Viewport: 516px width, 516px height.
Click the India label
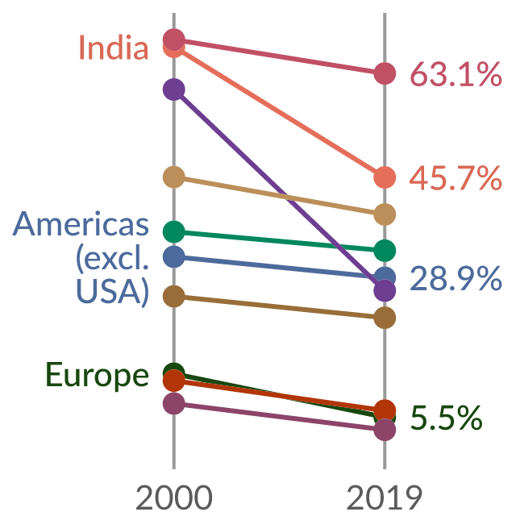click(114, 48)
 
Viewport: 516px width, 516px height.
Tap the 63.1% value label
click(456, 74)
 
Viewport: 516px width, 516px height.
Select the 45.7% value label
click(456, 178)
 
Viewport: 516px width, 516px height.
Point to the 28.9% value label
click(456, 278)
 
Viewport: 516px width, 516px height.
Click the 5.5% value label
click(446, 418)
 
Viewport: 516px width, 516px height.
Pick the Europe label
click(97, 376)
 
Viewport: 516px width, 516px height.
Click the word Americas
click(81, 224)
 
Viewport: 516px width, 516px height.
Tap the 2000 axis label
click(174, 497)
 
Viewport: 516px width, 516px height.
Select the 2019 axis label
click(385, 497)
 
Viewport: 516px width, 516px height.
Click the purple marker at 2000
click(174, 89)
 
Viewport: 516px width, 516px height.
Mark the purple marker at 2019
click(385, 290)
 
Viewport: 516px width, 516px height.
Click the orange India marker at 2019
click(385, 177)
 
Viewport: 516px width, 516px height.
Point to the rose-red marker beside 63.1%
click(385, 73)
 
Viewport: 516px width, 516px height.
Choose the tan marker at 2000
click(174, 177)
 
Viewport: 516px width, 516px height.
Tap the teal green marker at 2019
click(385, 251)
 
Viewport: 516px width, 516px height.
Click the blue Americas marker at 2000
click(174, 256)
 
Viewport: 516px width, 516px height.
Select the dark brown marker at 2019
click(385, 318)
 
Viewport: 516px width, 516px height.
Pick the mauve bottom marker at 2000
click(174, 403)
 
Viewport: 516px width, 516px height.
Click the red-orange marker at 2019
click(385, 410)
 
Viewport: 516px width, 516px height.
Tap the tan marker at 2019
click(385, 214)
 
